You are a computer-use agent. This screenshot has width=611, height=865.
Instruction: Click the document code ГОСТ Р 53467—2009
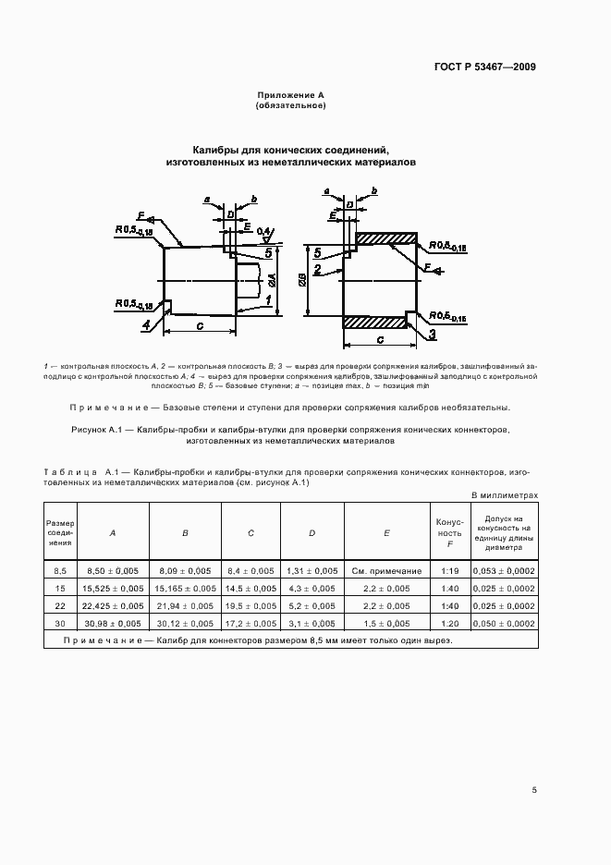pos(485,67)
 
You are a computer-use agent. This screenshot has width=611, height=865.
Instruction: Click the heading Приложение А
pos(289,96)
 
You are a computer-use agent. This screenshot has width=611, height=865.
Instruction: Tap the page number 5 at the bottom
pos(535,789)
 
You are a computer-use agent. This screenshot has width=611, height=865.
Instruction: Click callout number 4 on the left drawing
pos(146,325)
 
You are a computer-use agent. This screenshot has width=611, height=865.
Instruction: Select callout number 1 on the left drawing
pos(268,301)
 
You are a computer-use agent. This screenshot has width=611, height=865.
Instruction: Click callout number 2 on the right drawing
pos(316,270)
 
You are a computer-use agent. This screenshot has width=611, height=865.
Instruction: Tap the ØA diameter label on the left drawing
pos(273,278)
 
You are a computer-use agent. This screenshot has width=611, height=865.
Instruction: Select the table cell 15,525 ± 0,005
pos(113,588)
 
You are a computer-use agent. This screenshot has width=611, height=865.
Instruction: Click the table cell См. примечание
pos(386,571)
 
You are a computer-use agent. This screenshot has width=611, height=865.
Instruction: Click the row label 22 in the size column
pos(60,605)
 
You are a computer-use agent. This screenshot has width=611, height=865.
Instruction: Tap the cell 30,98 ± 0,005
pos(113,623)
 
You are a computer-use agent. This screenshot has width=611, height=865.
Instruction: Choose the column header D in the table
pos(312,532)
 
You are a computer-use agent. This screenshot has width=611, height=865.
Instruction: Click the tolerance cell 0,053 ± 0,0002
pos(504,571)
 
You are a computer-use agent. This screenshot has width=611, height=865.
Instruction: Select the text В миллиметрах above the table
pos(505,495)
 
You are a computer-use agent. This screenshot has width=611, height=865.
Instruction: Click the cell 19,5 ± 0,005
pos(251,605)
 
